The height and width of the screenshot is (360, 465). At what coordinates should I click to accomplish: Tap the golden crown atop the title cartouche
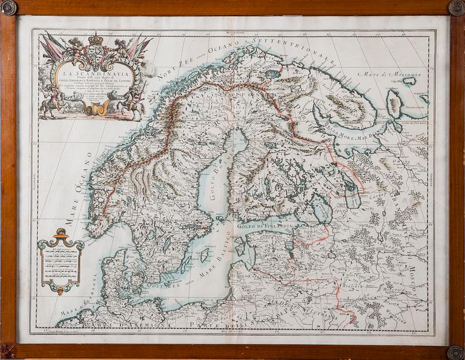[x=96, y=39]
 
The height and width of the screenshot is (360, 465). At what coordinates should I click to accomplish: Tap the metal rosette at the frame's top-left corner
[x=8, y=8]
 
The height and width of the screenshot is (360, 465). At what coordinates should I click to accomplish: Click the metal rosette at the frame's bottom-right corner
[x=456, y=352]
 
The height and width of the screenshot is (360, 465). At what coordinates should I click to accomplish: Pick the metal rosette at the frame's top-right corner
[x=456, y=8]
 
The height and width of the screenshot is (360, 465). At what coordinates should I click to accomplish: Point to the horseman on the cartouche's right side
[x=134, y=104]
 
